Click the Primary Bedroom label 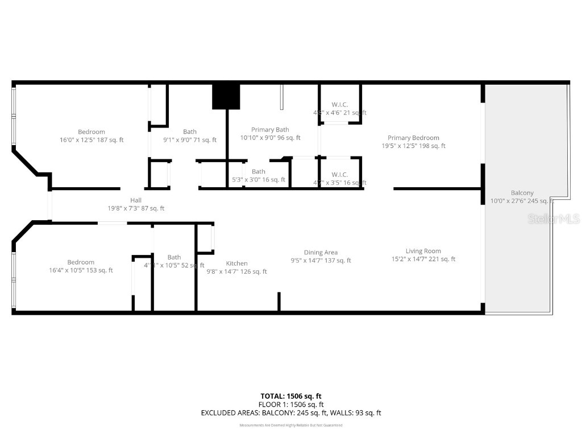(413, 138)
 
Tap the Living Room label (423, 251)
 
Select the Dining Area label (321, 253)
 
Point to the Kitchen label (236, 263)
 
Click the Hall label (136, 200)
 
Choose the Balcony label (522, 193)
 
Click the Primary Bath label (270, 130)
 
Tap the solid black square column (226, 96)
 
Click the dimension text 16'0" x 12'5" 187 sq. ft (92, 140)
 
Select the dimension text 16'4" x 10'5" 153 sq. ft (81, 270)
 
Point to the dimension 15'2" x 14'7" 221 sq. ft (423, 259)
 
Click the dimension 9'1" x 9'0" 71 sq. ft (190, 140)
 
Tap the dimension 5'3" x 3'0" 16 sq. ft (259, 180)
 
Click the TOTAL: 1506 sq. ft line (291, 396)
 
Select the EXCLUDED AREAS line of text (291, 413)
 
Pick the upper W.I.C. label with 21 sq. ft (340, 105)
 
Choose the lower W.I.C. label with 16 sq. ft (340, 175)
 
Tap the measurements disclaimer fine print (291, 426)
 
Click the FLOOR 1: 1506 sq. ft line (291, 405)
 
